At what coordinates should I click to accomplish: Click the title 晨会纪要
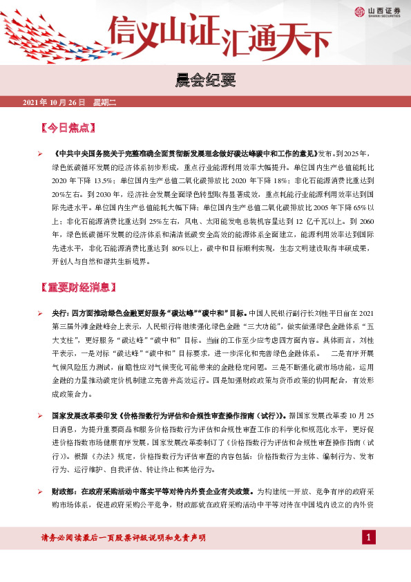[x=205, y=82]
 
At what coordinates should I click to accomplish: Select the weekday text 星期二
[x=104, y=102]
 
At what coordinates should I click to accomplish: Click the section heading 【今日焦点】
[x=68, y=128]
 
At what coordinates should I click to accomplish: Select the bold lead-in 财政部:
[x=67, y=491]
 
